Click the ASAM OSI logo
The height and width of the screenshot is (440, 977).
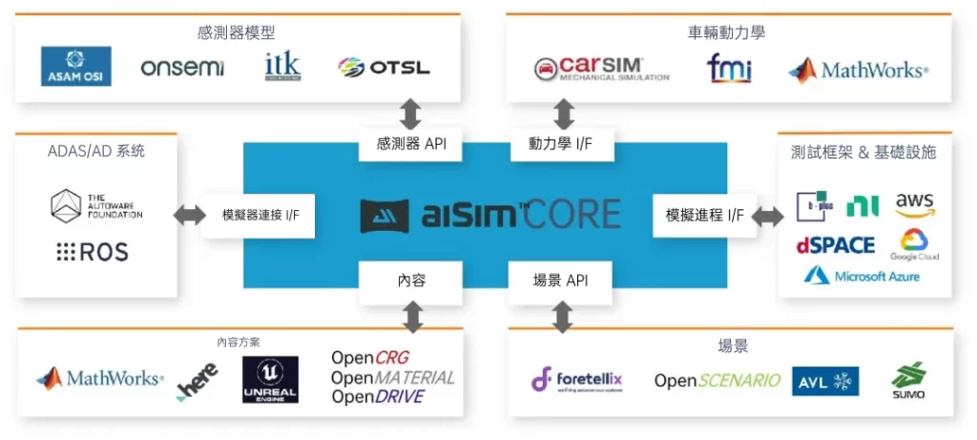76,67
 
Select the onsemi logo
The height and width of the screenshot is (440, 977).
182,67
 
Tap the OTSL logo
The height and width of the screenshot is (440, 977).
384,68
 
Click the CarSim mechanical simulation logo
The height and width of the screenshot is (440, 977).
602,69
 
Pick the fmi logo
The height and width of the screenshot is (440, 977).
729,68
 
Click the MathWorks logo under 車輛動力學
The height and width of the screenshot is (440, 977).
858,70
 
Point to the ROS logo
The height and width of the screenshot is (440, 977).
92,252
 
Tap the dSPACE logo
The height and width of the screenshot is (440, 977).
836,245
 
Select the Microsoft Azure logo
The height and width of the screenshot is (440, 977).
862,276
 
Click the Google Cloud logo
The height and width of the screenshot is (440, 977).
915,244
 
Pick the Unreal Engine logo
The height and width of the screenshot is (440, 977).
270,379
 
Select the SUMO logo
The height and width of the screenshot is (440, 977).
908,380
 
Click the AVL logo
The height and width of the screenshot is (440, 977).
825,381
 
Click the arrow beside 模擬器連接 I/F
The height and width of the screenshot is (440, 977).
189,216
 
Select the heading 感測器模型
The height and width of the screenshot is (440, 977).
239,32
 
